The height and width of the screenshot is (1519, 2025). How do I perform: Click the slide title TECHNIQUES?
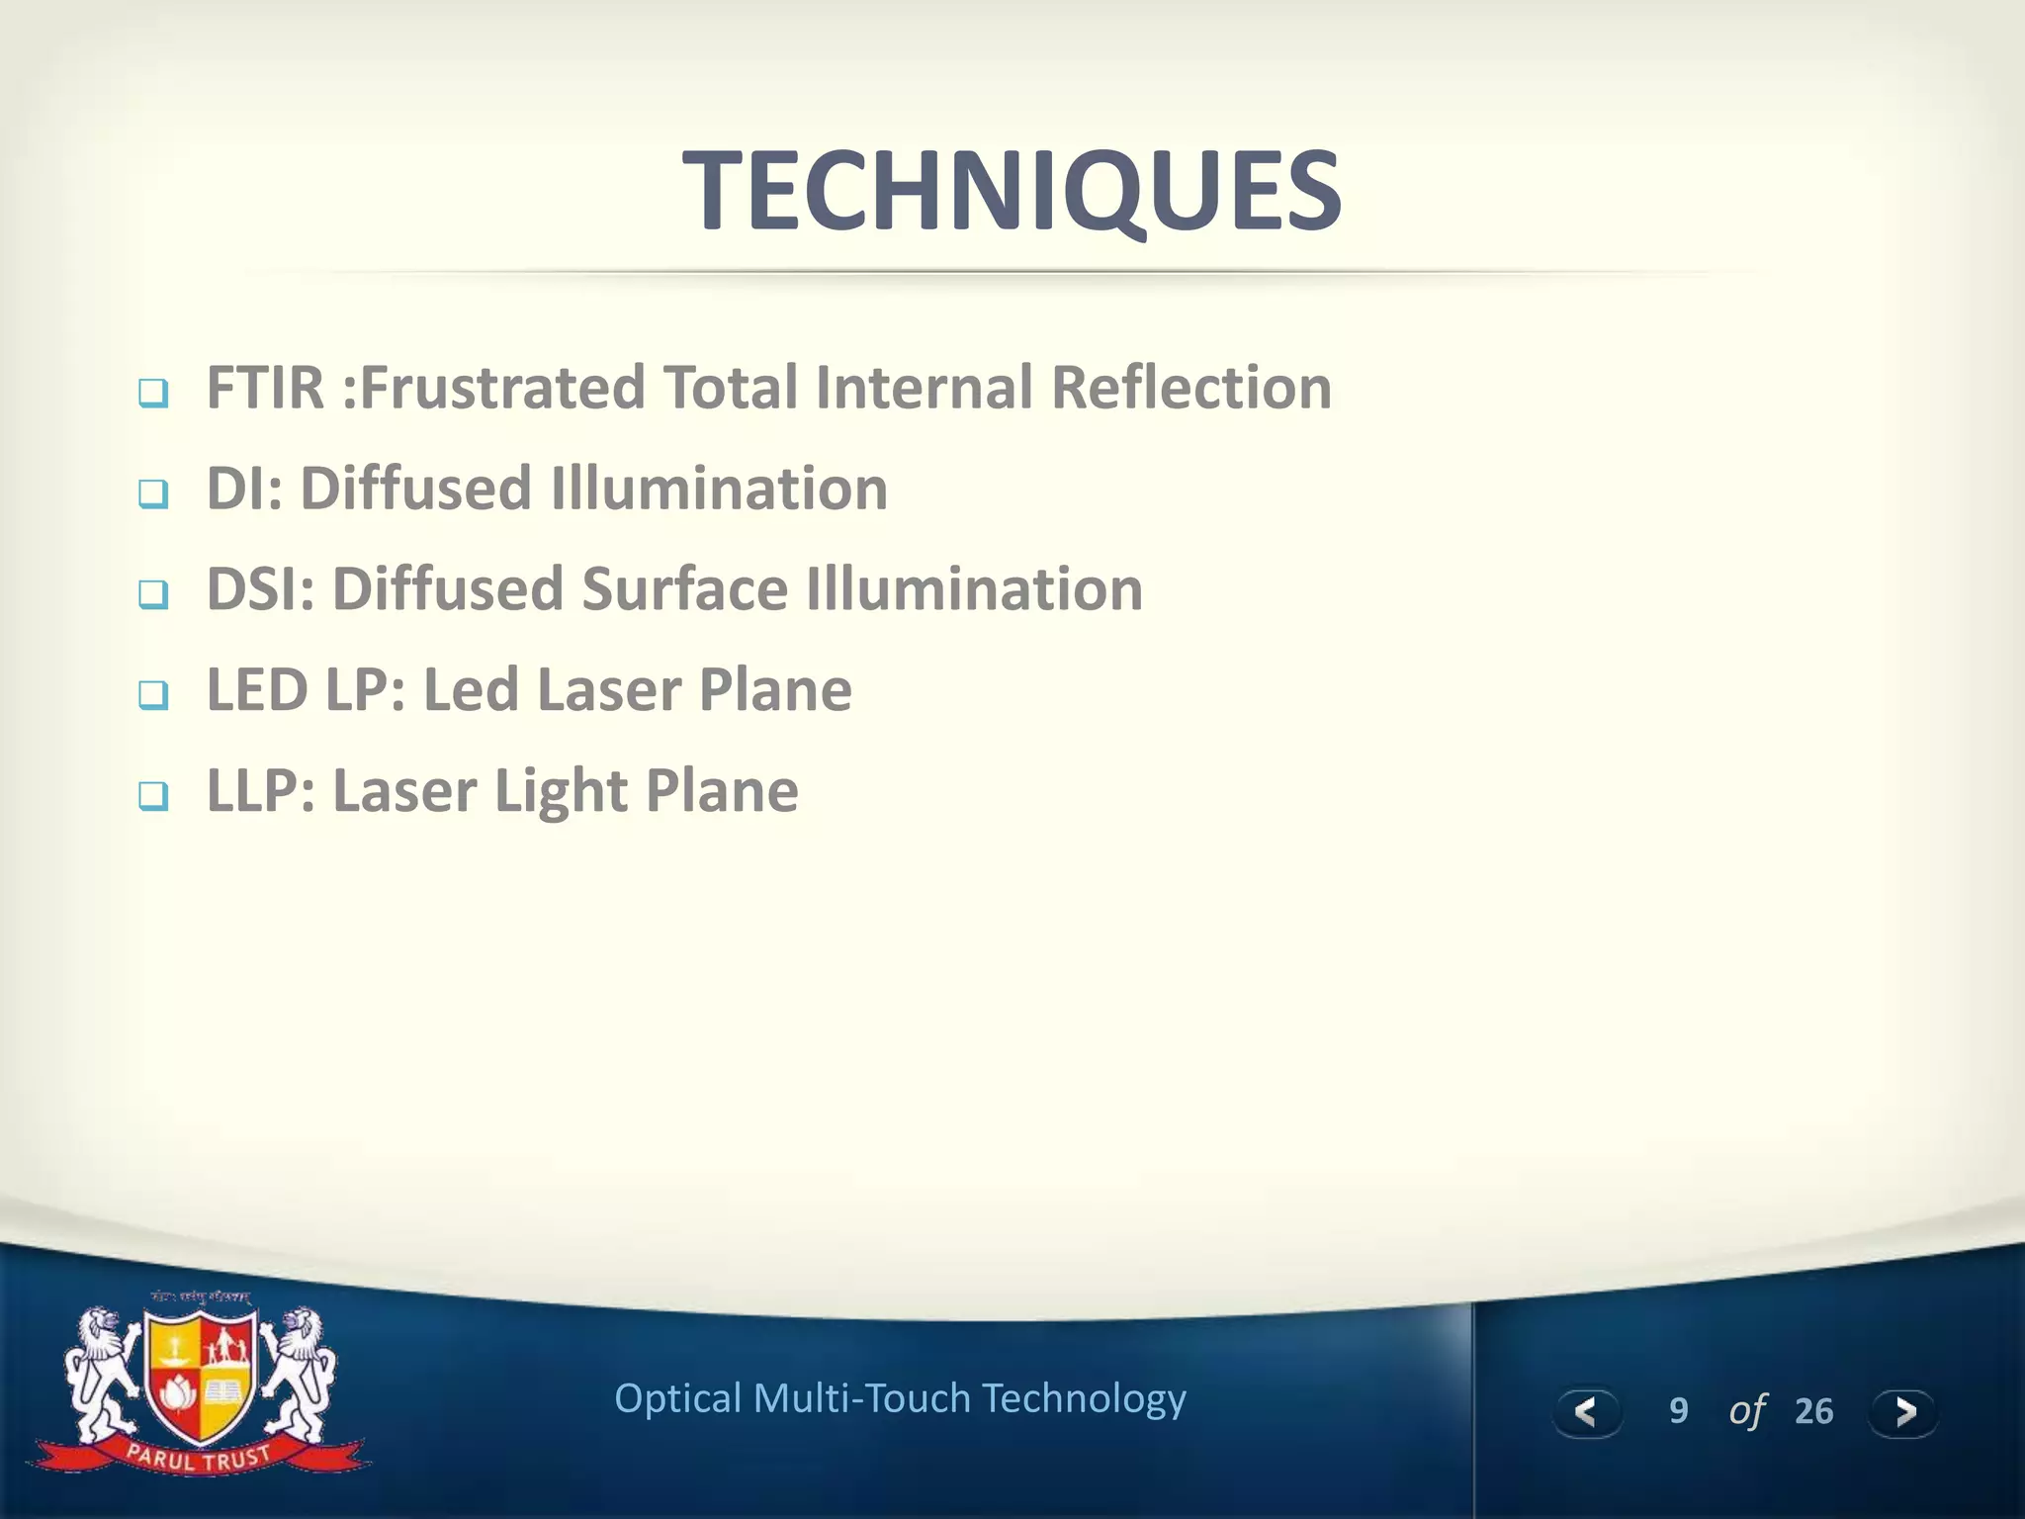click(x=1012, y=190)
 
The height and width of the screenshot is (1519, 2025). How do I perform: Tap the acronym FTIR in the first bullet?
click(x=265, y=387)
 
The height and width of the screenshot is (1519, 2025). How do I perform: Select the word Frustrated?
click(x=501, y=387)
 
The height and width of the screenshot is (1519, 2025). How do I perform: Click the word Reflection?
click(x=1191, y=387)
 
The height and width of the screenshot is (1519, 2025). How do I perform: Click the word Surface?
click(x=684, y=589)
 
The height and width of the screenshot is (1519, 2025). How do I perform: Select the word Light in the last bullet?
click(x=561, y=791)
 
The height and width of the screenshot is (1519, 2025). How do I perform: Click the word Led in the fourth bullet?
click(x=471, y=690)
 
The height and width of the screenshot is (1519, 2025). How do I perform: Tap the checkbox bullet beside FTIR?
click(x=153, y=393)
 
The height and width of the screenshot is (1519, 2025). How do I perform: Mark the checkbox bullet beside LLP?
click(x=153, y=795)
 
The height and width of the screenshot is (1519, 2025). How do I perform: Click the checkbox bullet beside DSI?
click(x=153, y=594)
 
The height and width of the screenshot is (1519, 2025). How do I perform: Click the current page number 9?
click(x=1678, y=1411)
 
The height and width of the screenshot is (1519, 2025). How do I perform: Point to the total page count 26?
click(x=1813, y=1411)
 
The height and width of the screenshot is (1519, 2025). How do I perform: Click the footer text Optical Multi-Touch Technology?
click(x=900, y=1398)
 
